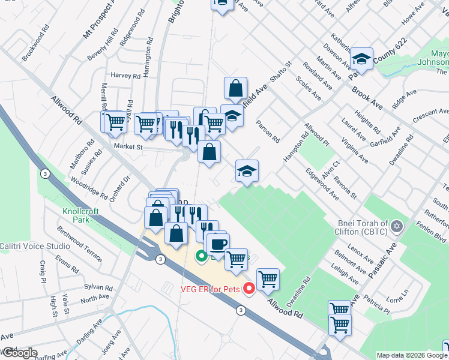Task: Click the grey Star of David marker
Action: [396, 227]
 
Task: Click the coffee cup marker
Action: [217, 244]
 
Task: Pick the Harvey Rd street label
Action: [125, 76]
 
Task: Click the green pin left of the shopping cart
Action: [202, 256]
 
